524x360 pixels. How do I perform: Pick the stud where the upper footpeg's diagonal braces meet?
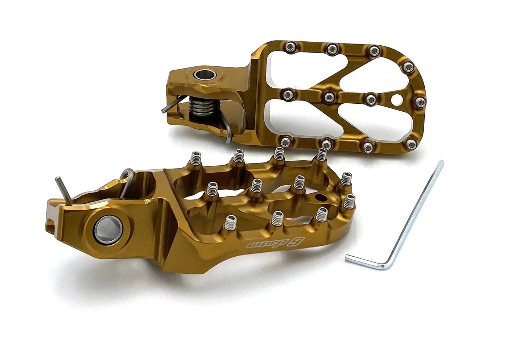coord(330,96)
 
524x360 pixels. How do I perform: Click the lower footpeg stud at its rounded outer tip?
coord(350,200)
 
